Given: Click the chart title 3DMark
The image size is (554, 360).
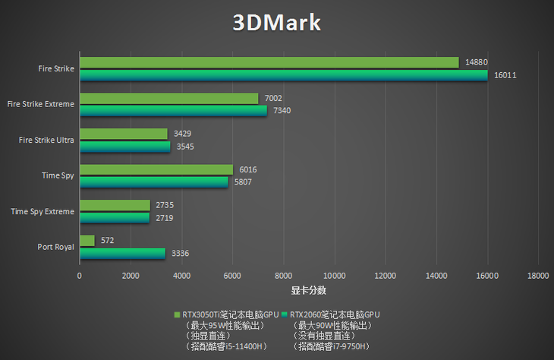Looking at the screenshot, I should [276, 23].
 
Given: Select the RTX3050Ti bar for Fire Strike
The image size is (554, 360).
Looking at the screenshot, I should [269, 62].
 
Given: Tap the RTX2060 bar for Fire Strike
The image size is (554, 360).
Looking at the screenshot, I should [283, 75].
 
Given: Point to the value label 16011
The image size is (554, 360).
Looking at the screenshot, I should [505, 76].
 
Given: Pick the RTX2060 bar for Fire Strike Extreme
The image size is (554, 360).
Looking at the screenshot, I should [173, 111].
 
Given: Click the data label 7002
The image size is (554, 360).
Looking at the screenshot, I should [272, 98].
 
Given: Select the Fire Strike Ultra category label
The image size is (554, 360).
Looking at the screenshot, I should [47, 140].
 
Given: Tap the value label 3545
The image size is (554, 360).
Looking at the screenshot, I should [184, 147].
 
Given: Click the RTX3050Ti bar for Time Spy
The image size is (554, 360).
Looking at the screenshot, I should [156, 169].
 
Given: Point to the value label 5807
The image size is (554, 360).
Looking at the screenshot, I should [244, 182].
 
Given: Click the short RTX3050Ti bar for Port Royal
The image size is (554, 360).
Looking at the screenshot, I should [87, 241].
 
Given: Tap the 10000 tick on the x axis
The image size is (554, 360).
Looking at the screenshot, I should [334, 276].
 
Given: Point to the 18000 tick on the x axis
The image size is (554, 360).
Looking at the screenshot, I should [538, 276].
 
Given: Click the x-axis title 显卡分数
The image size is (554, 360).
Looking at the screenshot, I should [308, 290].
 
